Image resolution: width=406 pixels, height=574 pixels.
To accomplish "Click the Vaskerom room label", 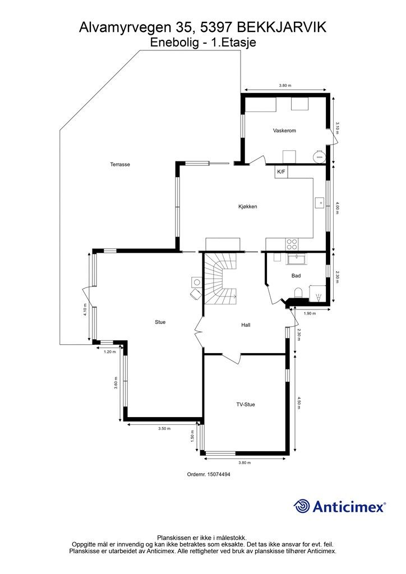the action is [x=284, y=130].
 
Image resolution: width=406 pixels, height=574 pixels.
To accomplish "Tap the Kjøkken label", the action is [x=247, y=206].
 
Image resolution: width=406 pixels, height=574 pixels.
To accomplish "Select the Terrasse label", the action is [x=120, y=164].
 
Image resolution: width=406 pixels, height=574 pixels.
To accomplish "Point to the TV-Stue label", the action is [x=245, y=405].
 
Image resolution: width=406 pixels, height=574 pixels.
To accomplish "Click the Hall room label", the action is [x=246, y=325].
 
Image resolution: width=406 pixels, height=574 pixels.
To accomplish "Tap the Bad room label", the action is [x=296, y=276].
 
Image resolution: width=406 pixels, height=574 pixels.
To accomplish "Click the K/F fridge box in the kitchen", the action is [x=281, y=172].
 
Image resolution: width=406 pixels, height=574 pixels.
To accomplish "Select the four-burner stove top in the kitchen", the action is [x=292, y=244].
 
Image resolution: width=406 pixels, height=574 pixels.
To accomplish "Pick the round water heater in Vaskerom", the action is [x=319, y=156].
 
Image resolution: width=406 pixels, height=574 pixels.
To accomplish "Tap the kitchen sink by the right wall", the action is [x=319, y=202].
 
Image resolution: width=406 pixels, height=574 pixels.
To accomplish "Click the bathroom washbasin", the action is [x=297, y=259].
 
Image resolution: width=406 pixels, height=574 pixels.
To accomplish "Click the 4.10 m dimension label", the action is [x=85, y=309].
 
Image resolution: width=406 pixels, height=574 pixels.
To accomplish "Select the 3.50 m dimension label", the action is [x=164, y=428].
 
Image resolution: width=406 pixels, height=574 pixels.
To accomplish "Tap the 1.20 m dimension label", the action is [x=109, y=352].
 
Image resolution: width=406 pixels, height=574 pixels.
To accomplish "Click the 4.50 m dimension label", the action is [x=299, y=402].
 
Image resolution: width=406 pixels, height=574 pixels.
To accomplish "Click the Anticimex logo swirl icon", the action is [x=302, y=506].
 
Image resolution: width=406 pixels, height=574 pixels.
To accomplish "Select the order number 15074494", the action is [x=219, y=474].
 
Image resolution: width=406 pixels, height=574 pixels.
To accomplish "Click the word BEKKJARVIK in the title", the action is [x=282, y=27].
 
